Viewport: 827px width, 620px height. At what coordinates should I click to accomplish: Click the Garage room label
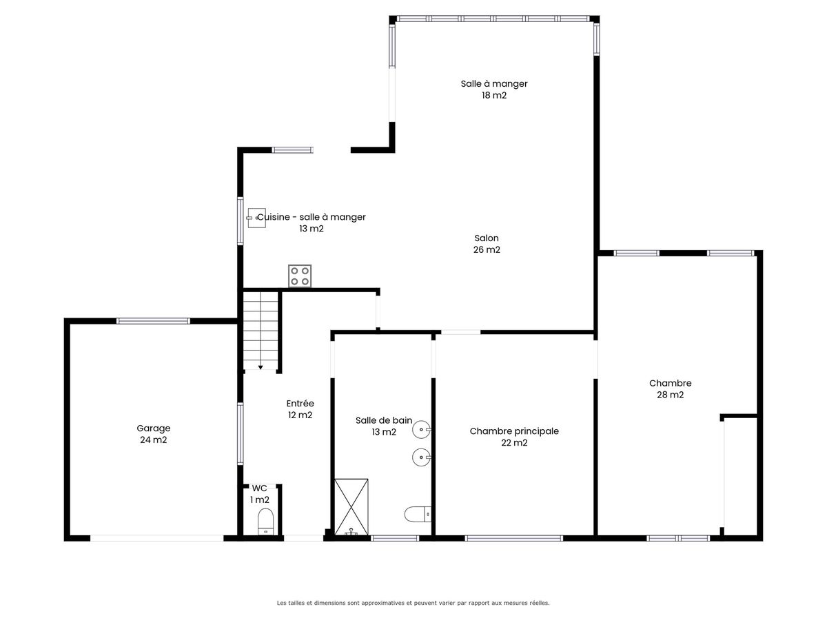point(154,428)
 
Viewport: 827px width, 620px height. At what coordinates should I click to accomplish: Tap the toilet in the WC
point(265,521)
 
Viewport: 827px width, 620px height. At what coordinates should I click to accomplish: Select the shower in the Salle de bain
point(351,507)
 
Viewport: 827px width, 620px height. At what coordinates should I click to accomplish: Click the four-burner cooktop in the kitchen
point(300,276)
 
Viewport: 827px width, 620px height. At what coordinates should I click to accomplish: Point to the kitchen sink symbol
point(256,218)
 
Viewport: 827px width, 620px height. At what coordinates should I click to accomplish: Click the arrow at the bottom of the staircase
point(261,367)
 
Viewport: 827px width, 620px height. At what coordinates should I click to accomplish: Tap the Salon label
point(487,238)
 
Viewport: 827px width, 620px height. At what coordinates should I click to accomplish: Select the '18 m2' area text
point(494,95)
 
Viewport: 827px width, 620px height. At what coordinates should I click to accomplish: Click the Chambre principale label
point(514,431)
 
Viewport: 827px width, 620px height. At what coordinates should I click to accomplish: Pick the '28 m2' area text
point(671,395)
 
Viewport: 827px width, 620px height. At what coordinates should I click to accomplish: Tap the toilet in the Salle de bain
point(418,514)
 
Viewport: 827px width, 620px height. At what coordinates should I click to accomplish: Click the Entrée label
point(300,403)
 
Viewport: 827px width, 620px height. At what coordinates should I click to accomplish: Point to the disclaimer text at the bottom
point(413,603)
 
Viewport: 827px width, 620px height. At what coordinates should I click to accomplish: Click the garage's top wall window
point(154,321)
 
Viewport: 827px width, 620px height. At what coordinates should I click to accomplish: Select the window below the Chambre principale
point(514,538)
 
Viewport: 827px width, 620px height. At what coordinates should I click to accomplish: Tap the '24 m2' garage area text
point(154,440)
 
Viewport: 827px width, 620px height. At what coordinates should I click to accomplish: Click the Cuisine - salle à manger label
point(312,217)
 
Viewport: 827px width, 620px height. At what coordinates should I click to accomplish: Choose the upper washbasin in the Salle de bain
point(422,429)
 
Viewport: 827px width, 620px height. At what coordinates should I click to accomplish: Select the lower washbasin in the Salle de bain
point(422,457)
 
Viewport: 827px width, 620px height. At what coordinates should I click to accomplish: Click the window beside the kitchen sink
point(240,221)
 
